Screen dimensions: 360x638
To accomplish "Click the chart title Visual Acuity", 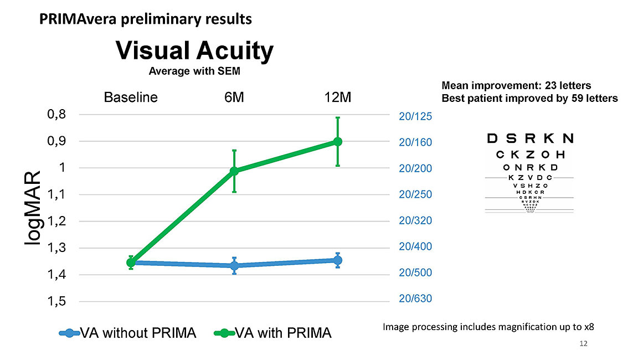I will (194, 52).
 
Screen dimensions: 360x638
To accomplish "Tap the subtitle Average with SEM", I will (194, 71).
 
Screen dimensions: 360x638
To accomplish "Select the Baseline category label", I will (131, 97).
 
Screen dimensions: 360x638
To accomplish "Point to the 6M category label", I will (234, 97).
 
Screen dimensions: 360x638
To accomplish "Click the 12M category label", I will (337, 97).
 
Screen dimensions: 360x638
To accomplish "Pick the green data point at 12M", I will (337, 142).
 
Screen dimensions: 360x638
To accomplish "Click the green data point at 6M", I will (234, 171).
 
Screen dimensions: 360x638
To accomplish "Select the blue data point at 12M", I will (337, 260).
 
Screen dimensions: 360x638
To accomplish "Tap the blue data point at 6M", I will (234, 266).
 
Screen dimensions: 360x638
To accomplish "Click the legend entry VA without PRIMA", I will (128, 333).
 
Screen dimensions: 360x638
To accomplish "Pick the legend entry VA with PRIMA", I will (272, 333).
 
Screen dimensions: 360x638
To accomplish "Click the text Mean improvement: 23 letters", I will (516, 86).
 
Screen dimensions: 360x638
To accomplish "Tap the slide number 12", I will (582, 344).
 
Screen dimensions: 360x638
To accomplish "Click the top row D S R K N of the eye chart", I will (529, 138).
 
